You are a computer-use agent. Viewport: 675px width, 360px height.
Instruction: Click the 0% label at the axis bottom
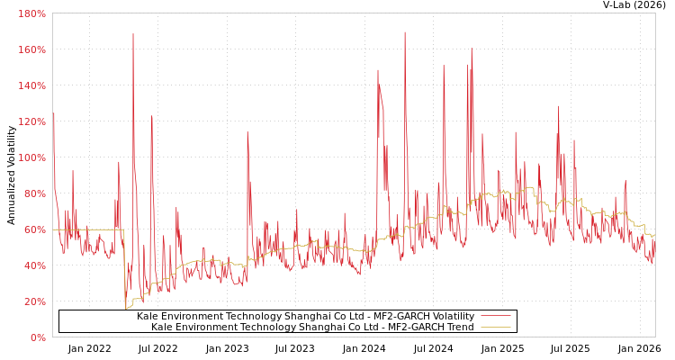(x=38, y=337)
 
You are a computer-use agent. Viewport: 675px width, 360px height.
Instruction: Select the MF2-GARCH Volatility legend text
(x=305, y=316)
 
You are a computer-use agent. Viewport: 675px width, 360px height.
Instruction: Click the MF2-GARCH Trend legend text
(x=312, y=327)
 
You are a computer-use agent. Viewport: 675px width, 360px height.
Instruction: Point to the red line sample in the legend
(x=496, y=316)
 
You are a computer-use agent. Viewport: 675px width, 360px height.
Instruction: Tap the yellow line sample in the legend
(x=496, y=327)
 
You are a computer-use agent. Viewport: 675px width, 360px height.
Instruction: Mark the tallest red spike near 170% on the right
(x=405, y=33)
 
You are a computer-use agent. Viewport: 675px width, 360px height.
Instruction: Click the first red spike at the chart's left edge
(x=53, y=114)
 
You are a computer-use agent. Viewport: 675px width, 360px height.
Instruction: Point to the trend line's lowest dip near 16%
(x=126, y=308)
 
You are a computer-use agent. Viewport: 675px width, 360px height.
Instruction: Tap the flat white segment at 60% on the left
(x=87, y=229)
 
